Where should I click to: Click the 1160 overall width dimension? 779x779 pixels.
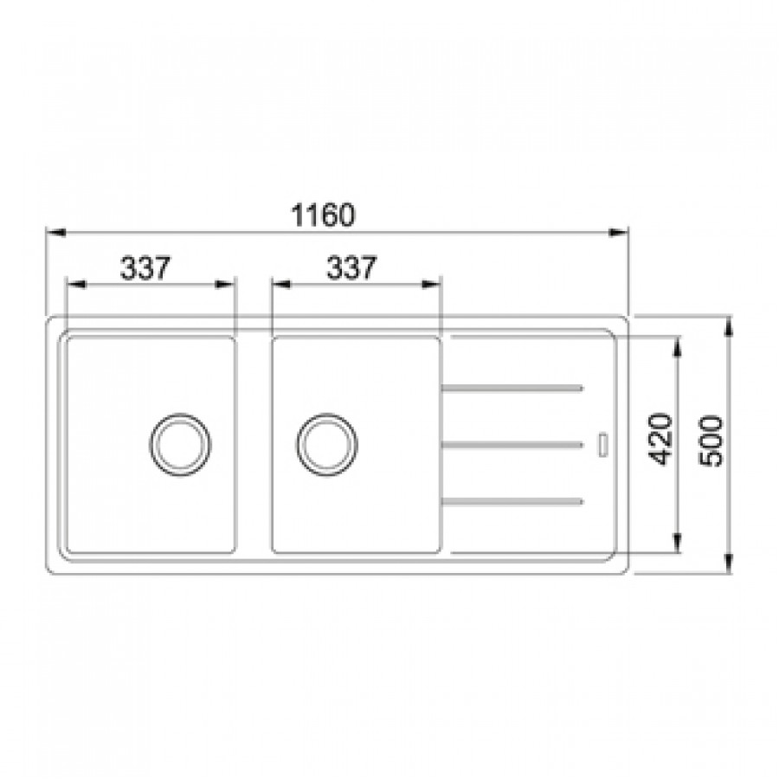(323, 216)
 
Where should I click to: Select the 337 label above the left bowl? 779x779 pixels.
(145, 267)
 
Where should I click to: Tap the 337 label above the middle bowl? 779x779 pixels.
(351, 267)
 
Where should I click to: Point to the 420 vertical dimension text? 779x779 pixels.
(660, 439)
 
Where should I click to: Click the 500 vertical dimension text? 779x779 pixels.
(710, 441)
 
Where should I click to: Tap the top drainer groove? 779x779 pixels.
(512, 388)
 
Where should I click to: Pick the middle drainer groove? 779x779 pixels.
(512, 445)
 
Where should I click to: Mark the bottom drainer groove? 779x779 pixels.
(512, 502)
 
